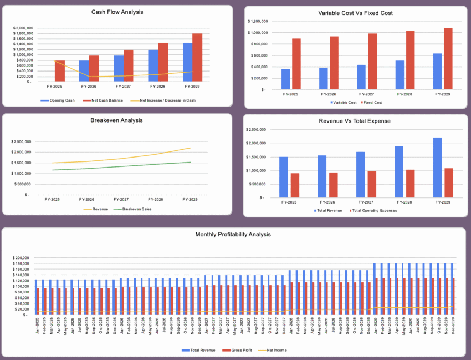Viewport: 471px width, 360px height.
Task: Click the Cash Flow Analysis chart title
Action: [x=116, y=12]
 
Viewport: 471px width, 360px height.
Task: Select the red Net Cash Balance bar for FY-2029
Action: [x=197, y=58]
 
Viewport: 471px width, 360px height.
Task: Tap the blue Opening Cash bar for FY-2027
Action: [x=119, y=68]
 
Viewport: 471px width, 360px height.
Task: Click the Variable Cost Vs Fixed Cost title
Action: [x=356, y=13]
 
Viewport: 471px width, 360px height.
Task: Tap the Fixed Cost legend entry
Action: [x=373, y=103]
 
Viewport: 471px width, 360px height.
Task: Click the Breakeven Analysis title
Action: [x=116, y=120]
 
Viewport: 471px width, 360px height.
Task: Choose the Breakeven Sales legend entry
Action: [x=135, y=209]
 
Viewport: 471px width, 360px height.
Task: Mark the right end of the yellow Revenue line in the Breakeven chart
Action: [x=191, y=148]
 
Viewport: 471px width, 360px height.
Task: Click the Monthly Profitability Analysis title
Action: [x=233, y=235]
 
